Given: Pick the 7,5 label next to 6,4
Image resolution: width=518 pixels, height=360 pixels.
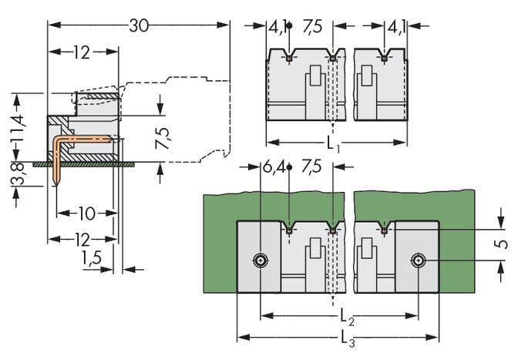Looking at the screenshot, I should (312, 167).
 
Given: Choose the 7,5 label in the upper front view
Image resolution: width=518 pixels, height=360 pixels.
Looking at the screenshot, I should (312, 25).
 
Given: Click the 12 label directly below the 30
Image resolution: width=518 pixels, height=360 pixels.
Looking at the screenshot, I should (82, 52).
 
